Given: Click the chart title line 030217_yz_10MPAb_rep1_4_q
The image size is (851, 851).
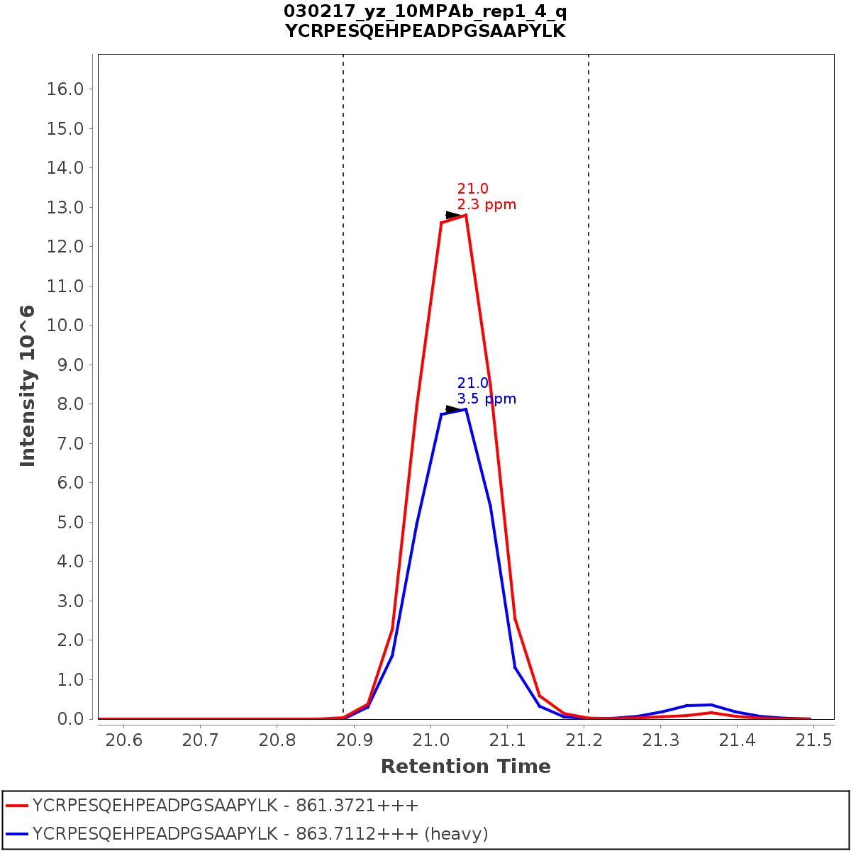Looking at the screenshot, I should (425, 11).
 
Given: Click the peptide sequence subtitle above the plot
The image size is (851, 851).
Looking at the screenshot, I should (425, 31).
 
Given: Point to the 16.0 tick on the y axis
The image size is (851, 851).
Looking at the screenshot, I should (65, 89).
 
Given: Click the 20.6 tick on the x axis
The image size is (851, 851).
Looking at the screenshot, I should (123, 740).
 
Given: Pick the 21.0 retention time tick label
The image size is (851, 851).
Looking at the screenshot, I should (430, 740).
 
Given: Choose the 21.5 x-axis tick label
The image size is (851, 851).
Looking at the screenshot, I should (813, 740).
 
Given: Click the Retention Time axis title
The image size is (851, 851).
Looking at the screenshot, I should (465, 767).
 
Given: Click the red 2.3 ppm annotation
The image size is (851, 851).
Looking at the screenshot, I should (486, 205).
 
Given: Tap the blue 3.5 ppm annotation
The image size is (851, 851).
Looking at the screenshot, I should (486, 399).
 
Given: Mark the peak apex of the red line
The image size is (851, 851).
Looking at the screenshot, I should (465, 215).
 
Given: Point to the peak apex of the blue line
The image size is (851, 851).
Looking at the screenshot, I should (465, 409).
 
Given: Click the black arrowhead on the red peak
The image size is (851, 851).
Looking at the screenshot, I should (454, 215).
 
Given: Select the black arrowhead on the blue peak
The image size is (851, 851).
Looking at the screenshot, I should (454, 409).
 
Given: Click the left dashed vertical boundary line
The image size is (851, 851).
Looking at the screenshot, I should (343, 355).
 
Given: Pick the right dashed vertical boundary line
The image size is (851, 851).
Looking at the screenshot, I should (589, 355).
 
